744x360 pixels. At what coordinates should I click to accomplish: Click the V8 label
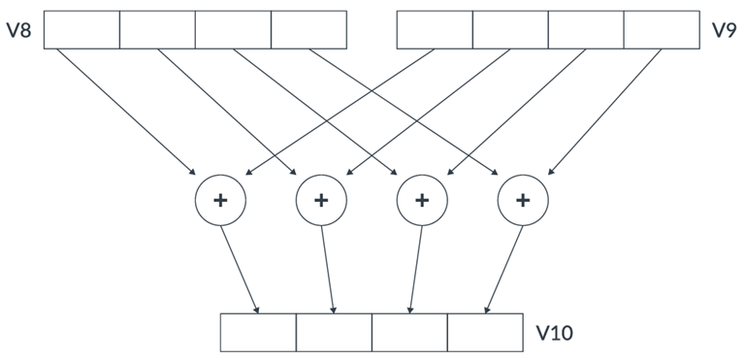(19, 30)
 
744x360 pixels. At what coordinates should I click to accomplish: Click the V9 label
(724, 30)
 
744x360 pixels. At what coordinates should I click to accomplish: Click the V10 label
(554, 334)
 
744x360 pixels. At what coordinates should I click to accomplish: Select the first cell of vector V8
(82, 30)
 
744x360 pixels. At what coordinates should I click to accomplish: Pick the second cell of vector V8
(157, 30)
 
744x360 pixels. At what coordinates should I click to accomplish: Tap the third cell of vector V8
(233, 30)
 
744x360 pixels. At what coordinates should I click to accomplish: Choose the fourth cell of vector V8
(308, 30)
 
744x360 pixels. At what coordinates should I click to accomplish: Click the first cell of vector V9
(435, 30)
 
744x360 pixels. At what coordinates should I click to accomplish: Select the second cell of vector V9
(510, 30)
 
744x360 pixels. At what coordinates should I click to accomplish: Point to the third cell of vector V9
(586, 30)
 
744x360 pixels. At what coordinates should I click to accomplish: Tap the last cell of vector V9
(662, 30)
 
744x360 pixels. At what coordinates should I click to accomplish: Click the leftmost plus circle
(220, 201)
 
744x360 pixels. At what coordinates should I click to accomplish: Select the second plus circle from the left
(321, 201)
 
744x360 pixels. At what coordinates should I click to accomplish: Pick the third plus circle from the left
(422, 201)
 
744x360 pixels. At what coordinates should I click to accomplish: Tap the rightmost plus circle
(523, 201)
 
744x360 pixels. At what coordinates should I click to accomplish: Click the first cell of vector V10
(258, 333)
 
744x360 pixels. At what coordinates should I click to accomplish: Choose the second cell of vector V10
(334, 333)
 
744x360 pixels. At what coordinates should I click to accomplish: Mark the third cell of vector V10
(409, 333)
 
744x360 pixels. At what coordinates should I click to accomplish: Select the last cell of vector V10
(485, 333)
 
